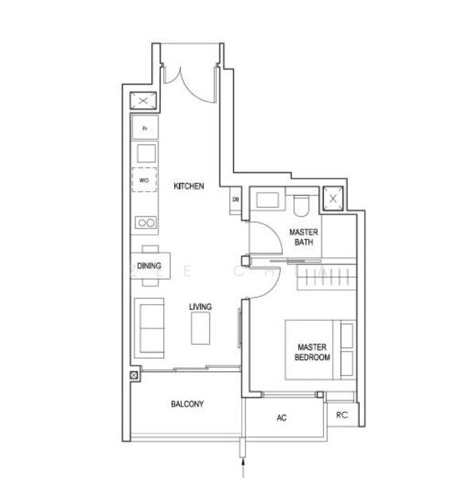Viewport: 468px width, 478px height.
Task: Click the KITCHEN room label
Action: click(189, 186)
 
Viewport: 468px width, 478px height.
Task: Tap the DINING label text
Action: click(149, 266)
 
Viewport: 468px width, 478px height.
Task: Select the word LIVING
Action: click(200, 307)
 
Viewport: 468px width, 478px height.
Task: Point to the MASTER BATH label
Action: click(303, 237)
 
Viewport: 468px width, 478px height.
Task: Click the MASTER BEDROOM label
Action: click(312, 352)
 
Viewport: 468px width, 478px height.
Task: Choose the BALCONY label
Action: click(187, 404)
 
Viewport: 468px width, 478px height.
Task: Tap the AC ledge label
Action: click(281, 417)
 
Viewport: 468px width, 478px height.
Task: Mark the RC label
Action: click(341, 414)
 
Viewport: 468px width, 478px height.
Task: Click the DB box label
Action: click(236, 199)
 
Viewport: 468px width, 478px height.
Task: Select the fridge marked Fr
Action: click(145, 127)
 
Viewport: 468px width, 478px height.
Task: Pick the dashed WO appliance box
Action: click(145, 181)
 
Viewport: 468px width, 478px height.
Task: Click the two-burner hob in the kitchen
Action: click(145, 222)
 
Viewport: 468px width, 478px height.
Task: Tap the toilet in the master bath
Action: click(300, 206)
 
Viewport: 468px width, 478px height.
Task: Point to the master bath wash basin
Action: click(267, 201)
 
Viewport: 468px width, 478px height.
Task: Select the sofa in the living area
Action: click(149, 325)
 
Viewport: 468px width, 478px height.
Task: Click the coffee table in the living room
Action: click(201, 327)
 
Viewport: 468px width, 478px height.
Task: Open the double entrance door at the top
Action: click(189, 80)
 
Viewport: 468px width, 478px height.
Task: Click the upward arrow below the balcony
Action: click(243, 461)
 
